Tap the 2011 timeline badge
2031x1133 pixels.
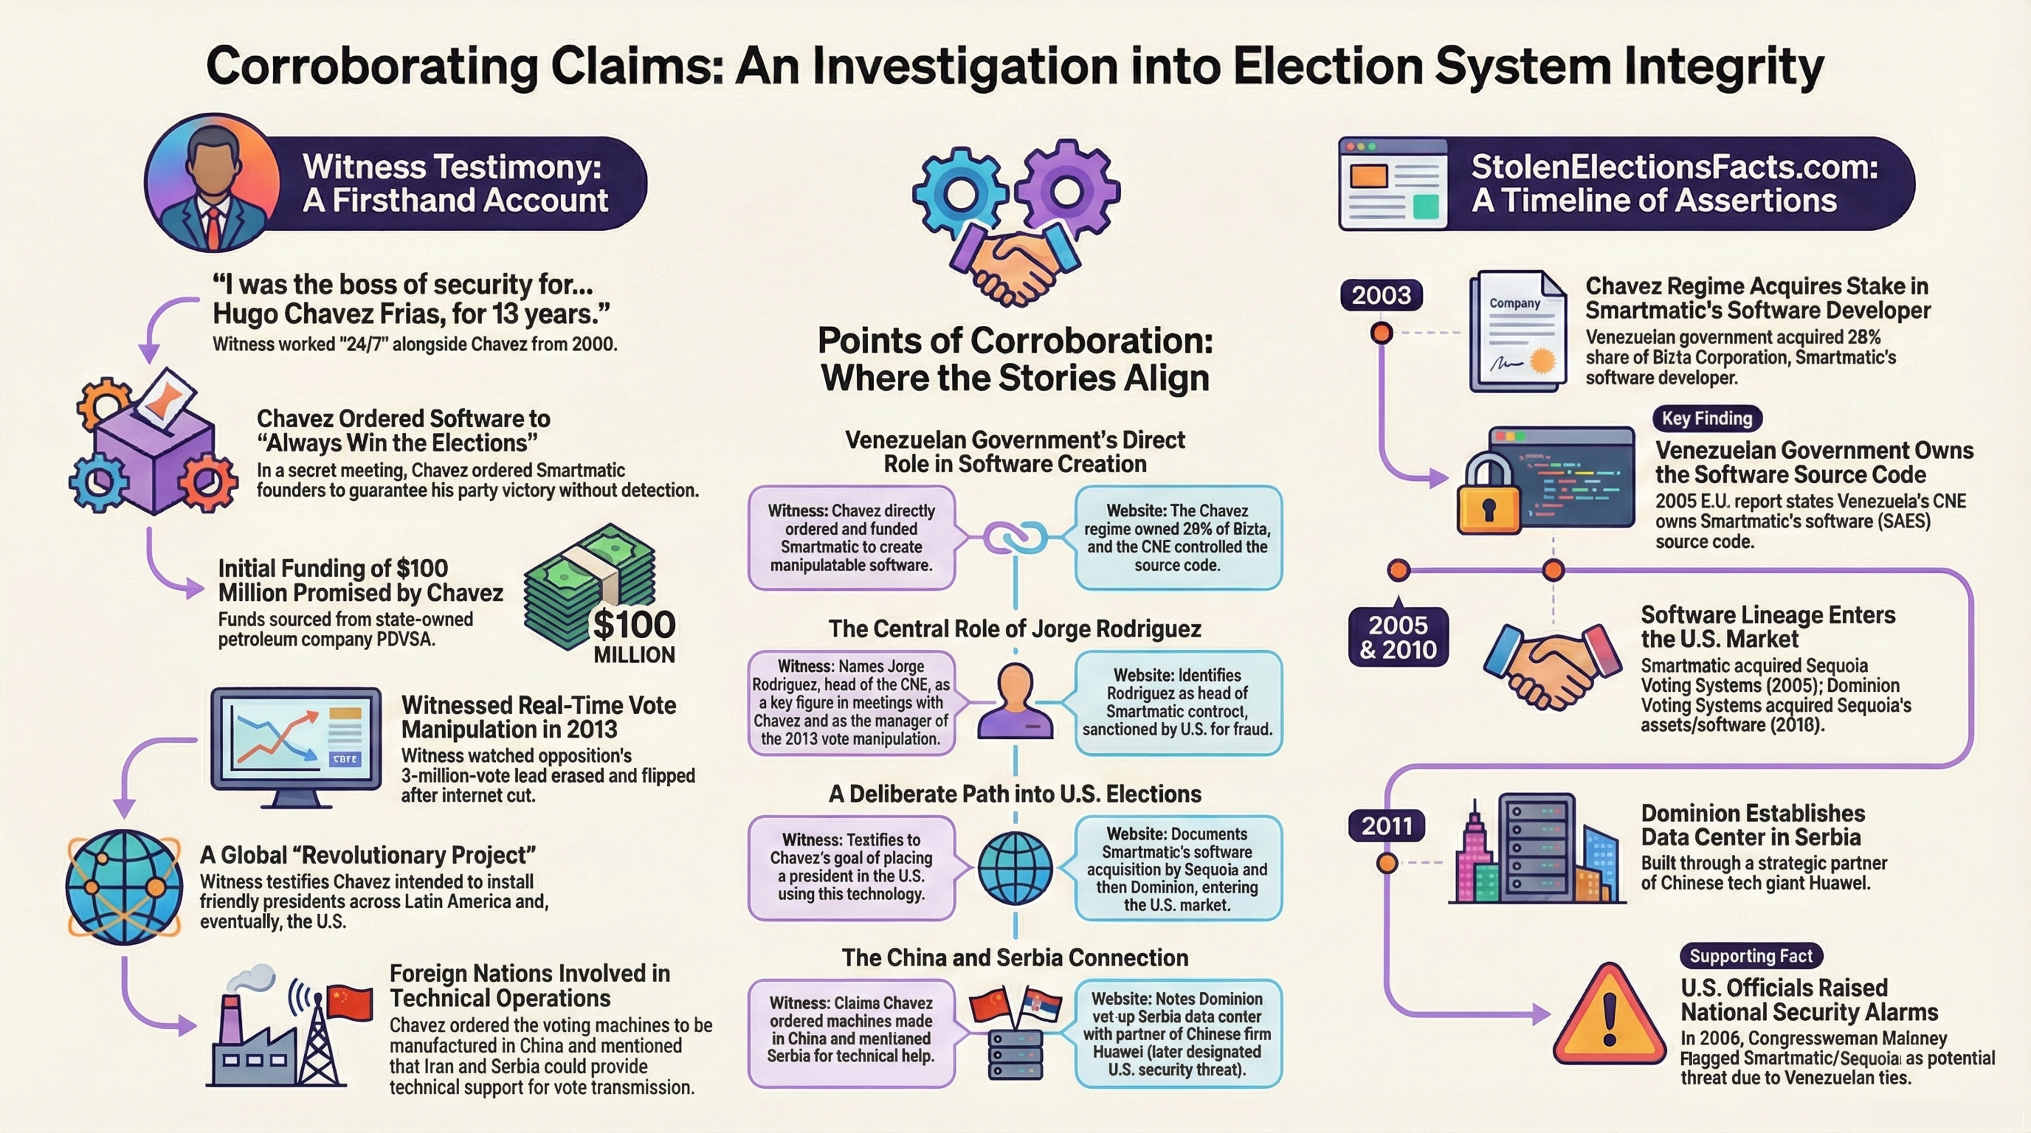click(x=1387, y=826)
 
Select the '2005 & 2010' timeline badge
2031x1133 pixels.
click(x=1398, y=637)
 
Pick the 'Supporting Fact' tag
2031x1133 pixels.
click(x=1750, y=956)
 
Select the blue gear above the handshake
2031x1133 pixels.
click(x=960, y=193)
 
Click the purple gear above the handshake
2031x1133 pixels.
click(x=1066, y=189)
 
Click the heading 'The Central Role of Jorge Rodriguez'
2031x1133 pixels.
click(x=1015, y=629)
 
